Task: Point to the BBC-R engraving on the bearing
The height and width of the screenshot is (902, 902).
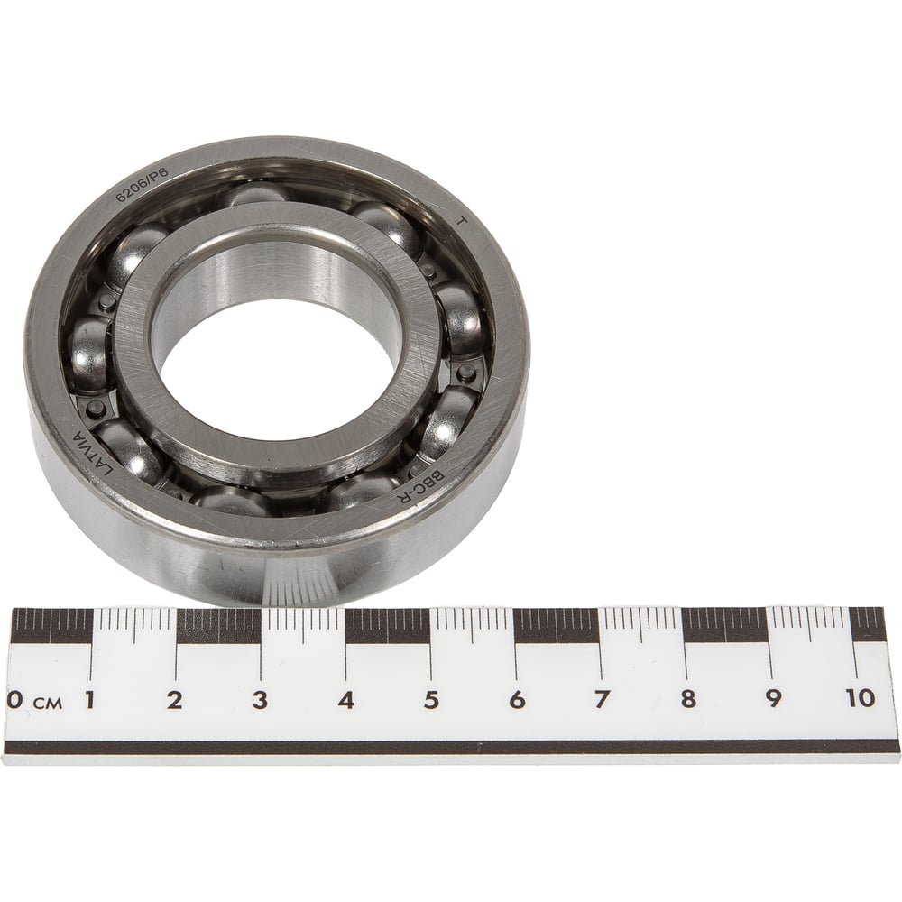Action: [421, 487]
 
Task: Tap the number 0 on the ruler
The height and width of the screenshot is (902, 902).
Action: [15, 700]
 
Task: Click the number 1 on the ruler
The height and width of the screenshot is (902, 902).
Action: [89, 700]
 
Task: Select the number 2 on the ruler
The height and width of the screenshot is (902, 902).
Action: [175, 700]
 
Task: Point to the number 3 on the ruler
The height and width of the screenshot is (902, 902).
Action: [260, 700]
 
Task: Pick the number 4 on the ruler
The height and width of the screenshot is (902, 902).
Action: [345, 700]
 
